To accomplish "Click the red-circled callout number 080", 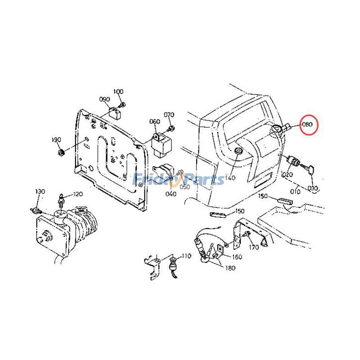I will coord(308,124).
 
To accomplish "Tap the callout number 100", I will coord(118,92).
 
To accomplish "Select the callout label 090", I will coord(104,99).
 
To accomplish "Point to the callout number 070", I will coord(169,115).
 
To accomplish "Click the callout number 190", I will coord(56,140).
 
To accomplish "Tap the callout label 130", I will coord(40,192).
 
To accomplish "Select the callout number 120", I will coord(78,194).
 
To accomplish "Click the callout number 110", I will coord(186,256).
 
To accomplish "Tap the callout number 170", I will coord(253,247).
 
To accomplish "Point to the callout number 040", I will coord(171,194).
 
